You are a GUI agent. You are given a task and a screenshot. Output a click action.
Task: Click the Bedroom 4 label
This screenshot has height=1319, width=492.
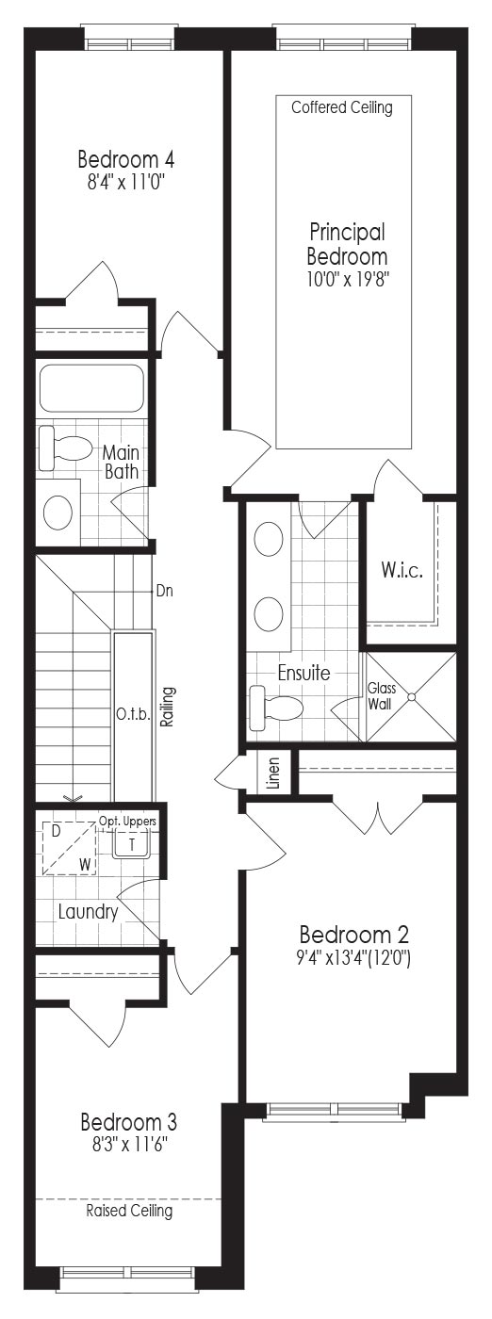(126, 159)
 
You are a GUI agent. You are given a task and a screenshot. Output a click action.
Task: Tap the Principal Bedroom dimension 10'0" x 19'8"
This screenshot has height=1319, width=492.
(348, 279)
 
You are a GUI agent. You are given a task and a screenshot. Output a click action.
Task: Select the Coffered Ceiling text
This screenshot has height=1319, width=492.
(342, 107)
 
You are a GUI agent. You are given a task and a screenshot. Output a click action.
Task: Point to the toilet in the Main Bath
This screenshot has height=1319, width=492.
(65, 449)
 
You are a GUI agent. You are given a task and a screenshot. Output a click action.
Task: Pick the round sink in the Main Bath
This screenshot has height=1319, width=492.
(58, 512)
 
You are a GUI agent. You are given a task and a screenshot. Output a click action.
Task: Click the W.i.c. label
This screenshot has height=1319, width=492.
(402, 570)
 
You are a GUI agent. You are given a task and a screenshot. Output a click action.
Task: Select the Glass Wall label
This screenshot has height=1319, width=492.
(381, 695)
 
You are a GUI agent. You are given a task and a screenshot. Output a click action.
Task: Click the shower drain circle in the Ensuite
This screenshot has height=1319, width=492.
(412, 696)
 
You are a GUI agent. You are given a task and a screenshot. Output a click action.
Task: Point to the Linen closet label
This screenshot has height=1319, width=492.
(272, 772)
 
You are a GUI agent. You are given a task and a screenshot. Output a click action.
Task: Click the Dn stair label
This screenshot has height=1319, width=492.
(164, 591)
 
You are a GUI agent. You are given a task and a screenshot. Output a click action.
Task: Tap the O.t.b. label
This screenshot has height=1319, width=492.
(133, 715)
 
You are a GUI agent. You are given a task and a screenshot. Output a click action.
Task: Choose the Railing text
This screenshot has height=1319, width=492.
(168, 707)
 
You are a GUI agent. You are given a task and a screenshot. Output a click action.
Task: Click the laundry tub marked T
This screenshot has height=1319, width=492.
(132, 844)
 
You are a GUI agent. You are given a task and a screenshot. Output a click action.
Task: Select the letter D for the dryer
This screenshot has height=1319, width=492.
(56, 831)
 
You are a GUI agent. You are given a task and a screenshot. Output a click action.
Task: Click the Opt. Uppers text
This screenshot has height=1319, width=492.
(127, 821)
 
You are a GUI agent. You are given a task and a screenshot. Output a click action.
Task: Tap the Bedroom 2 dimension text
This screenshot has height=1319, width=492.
(353, 959)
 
